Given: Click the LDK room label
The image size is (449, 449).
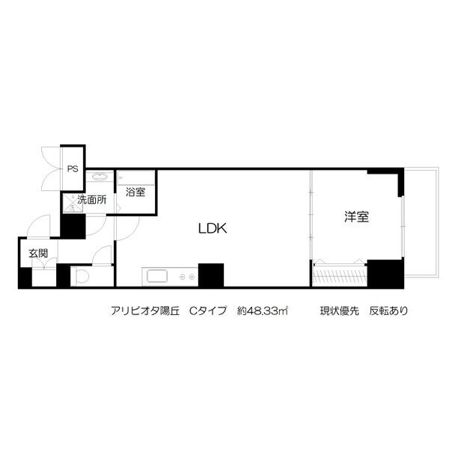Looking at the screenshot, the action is pos(213,228).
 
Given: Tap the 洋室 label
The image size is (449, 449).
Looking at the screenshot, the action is pos(356,217).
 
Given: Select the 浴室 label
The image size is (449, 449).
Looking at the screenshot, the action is pos(135,192).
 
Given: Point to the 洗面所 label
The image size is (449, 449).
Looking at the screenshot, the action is pos(92,200).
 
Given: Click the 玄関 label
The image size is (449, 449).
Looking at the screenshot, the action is pos(38,254).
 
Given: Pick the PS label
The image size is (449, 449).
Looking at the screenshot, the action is pos(73,169).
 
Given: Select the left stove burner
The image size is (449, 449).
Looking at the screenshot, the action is pos(182,277).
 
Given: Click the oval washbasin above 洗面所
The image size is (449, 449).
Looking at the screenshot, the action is pos(100,177).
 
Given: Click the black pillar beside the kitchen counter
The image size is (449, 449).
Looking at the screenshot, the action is pos(211,275).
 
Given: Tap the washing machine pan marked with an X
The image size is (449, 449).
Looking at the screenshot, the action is pos(73,204).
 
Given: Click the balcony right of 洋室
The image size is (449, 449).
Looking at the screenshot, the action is pos(421,222).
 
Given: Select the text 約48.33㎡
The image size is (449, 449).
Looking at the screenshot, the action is pos(262,311).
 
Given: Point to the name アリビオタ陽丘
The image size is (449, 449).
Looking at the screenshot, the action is pos(145,311).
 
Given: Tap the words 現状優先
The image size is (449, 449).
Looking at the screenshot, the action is pos(339,311).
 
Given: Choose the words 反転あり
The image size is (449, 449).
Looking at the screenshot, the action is pos(388,311).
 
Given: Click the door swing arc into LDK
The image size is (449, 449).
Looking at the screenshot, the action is pos(132,233).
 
